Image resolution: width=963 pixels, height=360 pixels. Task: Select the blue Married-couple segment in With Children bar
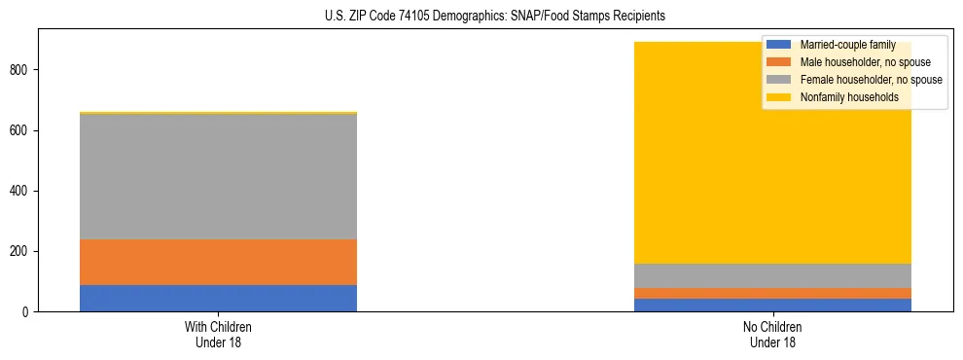point(218,298)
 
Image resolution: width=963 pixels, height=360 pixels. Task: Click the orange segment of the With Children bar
point(218,262)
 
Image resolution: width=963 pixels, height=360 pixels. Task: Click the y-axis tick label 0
point(27,312)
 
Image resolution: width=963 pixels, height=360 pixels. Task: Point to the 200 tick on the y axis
point(21,252)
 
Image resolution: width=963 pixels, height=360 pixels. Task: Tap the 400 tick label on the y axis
point(21,191)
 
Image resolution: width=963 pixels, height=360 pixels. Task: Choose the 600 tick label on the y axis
point(21,130)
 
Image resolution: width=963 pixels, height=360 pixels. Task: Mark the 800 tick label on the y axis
point(21,70)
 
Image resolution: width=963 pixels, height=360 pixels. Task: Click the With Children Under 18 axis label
point(218,335)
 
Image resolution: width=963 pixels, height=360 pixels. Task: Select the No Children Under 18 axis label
point(772,335)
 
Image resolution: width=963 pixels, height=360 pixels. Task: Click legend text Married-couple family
point(847,46)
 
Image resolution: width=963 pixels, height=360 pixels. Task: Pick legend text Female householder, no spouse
point(871,80)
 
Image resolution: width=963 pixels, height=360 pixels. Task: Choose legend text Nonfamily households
point(849,97)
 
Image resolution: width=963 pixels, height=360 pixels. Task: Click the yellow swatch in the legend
point(779,97)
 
